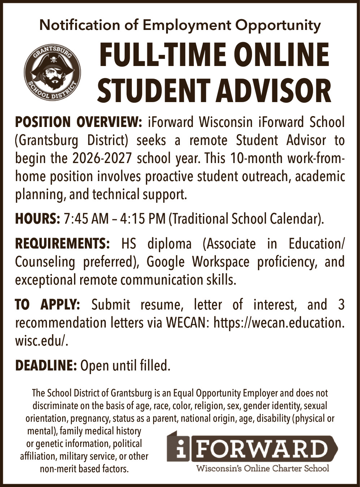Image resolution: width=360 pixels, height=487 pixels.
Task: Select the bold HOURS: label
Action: tap(37, 219)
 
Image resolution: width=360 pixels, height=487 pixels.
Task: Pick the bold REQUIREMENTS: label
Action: tap(62, 244)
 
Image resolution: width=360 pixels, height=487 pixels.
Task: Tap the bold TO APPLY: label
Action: tap(47, 305)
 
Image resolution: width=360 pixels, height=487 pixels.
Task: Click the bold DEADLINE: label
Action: tap(46, 366)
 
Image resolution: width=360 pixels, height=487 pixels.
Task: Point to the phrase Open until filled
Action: tap(125, 366)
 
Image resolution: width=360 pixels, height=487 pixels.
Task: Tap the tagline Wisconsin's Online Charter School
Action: tap(262, 469)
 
